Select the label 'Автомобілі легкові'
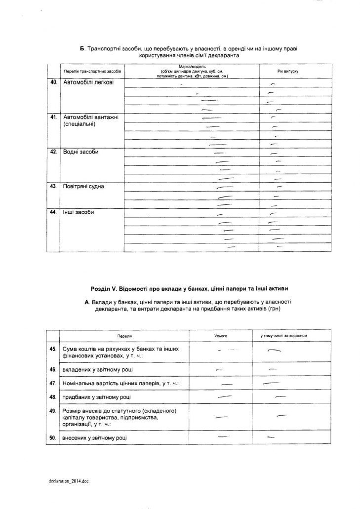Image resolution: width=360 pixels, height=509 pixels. click(x=88, y=82)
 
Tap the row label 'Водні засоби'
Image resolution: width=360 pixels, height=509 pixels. click(x=81, y=152)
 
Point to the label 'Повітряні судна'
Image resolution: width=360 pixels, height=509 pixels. click(x=83, y=187)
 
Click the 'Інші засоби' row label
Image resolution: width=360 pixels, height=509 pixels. click(x=79, y=212)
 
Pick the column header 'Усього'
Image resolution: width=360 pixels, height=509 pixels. click(x=221, y=336)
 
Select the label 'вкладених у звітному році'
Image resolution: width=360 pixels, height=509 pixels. click(x=97, y=369)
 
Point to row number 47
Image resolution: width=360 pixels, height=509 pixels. click(x=53, y=383)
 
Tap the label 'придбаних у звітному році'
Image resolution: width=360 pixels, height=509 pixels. click(x=96, y=397)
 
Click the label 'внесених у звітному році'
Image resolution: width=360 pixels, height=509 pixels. click(x=96, y=438)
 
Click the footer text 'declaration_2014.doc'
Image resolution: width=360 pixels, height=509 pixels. click(x=69, y=480)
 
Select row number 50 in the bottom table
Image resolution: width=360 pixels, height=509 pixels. click(x=53, y=438)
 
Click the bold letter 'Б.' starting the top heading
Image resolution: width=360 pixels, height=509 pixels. click(x=82, y=49)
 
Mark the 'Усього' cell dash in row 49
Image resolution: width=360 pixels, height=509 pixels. click(x=222, y=417)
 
